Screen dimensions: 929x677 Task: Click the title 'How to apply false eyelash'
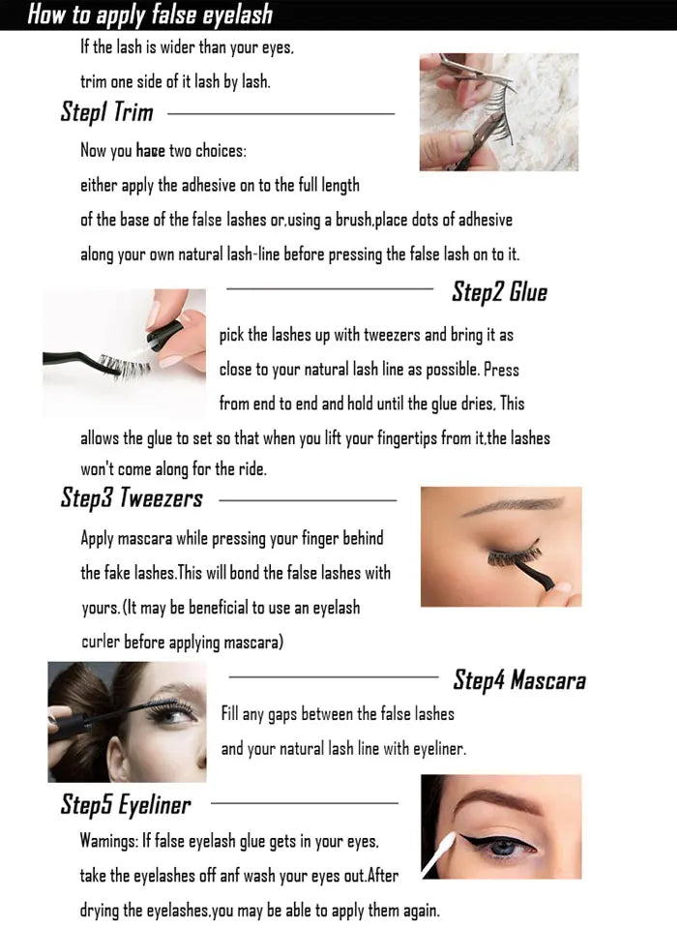coord(150,15)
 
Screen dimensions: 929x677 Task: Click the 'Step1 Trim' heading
coord(106,112)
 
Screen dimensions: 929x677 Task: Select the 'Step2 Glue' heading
coord(499,291)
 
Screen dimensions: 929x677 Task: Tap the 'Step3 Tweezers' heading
coord(132,498)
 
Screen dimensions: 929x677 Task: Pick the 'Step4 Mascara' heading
coord(519,679)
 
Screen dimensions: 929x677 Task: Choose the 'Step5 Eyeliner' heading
coord(126,804)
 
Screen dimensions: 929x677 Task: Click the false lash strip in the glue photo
coord(121,365)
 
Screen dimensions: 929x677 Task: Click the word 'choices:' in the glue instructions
coord(221,151)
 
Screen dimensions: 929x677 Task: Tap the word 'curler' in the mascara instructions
coord(101,643)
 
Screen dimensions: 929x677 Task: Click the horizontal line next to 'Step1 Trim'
coord(280,114)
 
